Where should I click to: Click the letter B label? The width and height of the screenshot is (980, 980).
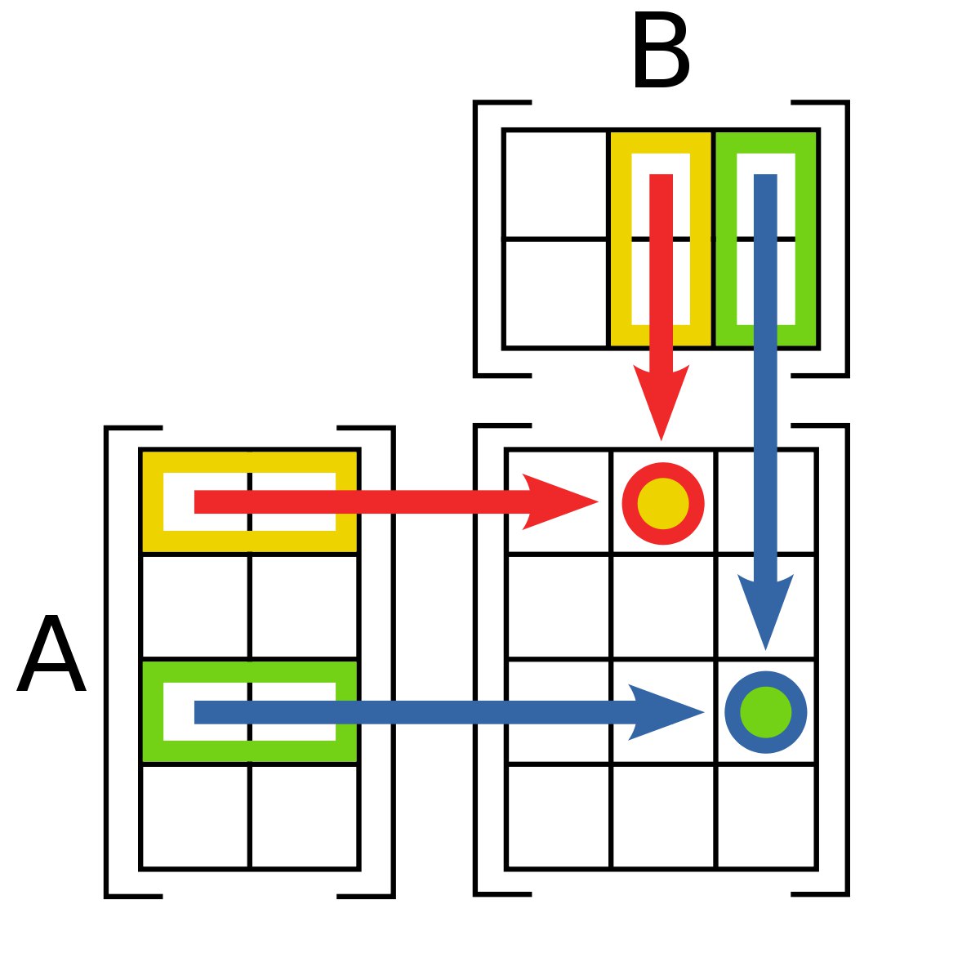[661, 51]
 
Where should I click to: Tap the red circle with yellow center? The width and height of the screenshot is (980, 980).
[662, 503]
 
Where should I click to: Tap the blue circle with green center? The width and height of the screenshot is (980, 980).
[765, 712]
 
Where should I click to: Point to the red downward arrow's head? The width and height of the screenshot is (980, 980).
[661, 402]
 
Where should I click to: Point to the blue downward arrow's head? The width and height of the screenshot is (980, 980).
[765, 612]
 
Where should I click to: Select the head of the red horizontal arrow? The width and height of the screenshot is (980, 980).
[559, 502]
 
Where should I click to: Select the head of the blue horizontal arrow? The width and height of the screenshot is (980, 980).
[666, 712]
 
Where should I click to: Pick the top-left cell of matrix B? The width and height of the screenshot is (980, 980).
[556, 184]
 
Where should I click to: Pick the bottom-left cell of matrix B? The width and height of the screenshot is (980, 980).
[556, 293]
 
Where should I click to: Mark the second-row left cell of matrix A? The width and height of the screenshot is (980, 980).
[195, 607]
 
